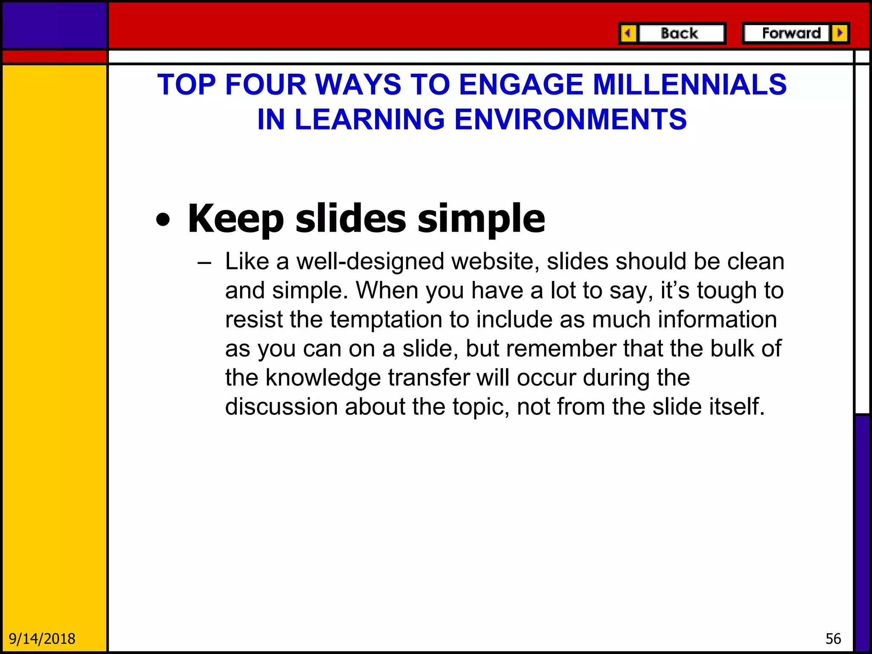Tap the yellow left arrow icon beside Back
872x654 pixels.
628,33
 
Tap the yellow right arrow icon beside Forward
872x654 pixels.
840,33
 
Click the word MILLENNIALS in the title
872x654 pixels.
689,84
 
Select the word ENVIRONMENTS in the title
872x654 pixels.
570,119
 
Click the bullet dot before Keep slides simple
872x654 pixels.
163,220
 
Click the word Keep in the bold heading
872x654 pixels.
235,219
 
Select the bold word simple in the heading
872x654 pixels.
481,219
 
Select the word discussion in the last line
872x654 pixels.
281,407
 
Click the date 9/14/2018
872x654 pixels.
42,639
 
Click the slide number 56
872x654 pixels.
833,639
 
